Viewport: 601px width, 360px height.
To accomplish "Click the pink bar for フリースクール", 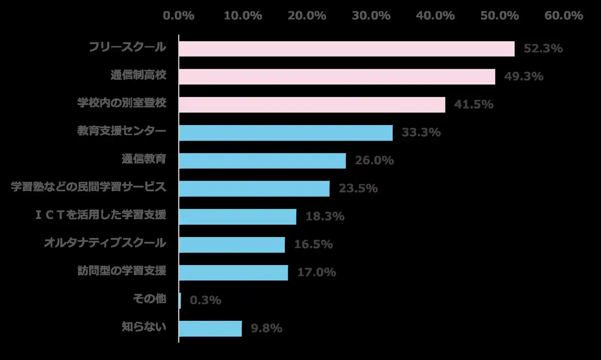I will (x=347, y=49).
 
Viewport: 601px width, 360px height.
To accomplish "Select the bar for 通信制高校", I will (x=337, y=77).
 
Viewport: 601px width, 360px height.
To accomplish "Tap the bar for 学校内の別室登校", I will (x=312, y=105).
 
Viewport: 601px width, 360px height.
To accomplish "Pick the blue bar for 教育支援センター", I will (x=285, y=133).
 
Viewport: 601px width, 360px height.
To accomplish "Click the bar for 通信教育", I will (x=262, y=161).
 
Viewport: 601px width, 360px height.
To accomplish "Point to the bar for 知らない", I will (x=210, y=329).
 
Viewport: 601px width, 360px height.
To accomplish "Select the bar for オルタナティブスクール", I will (x=232, y=245).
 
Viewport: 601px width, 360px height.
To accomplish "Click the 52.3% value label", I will (x=543, y=48).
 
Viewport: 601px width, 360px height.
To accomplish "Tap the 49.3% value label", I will (x=524, y=77).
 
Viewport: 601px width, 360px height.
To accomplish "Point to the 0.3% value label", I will (x=205, y=300).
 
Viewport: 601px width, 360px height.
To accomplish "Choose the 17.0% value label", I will (x=316, y=272).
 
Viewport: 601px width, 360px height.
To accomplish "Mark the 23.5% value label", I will (x=358, y=189).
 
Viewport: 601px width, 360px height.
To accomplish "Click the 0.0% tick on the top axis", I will (x=178, y=15).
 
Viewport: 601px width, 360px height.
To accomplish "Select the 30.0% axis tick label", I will (x=371, y=15).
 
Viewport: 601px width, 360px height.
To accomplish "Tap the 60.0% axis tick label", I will (x=563, y=15).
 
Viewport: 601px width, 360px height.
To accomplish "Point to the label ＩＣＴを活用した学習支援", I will (x=100, y=215).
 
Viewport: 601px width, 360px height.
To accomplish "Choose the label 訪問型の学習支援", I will (x=122, y=271).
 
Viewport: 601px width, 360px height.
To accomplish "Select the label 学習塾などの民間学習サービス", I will (x=88, y=187).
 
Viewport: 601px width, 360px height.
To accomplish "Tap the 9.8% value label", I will (x=267, y=329).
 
